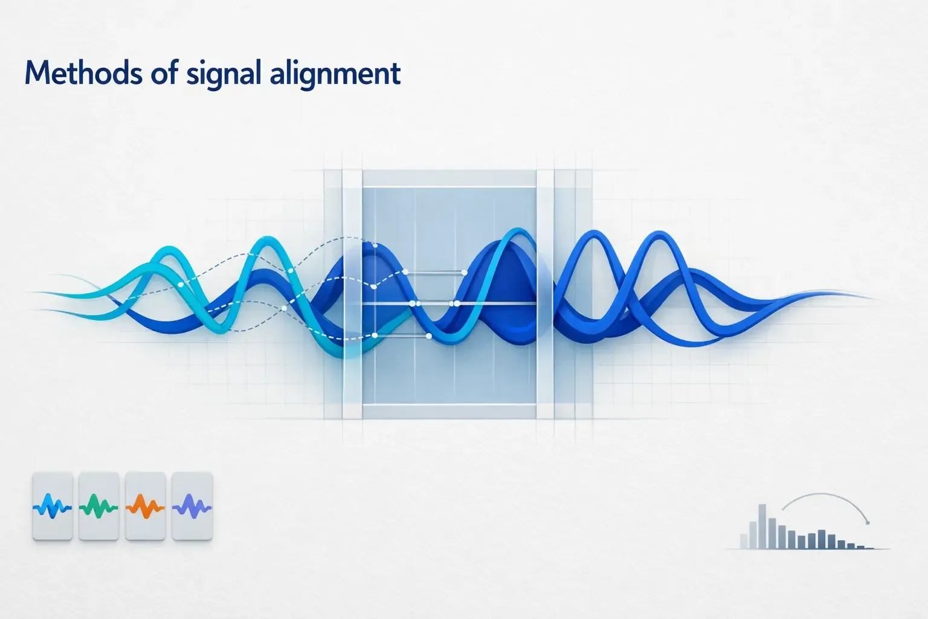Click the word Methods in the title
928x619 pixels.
[83, 73]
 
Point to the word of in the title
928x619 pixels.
[164, 73]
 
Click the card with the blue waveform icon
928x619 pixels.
[53, 506]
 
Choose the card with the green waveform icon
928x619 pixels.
[98, 506]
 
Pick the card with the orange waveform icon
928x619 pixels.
[145, 506]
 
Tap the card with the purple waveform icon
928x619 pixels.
[192, 506]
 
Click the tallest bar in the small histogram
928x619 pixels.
[762, 527]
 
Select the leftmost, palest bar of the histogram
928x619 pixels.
[744, 542]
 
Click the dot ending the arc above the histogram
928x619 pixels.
[868, 523]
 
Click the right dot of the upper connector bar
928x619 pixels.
[465, 273]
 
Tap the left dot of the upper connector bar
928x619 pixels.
[405, 272]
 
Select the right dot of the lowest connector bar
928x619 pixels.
[429, 336]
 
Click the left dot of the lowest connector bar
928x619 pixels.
[375, 335]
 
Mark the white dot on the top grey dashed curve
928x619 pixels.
[375, 246]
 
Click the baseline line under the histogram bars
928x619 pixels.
[807, 549]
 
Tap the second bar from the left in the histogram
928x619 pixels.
[753, 535]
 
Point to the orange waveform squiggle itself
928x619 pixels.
[145, 507]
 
